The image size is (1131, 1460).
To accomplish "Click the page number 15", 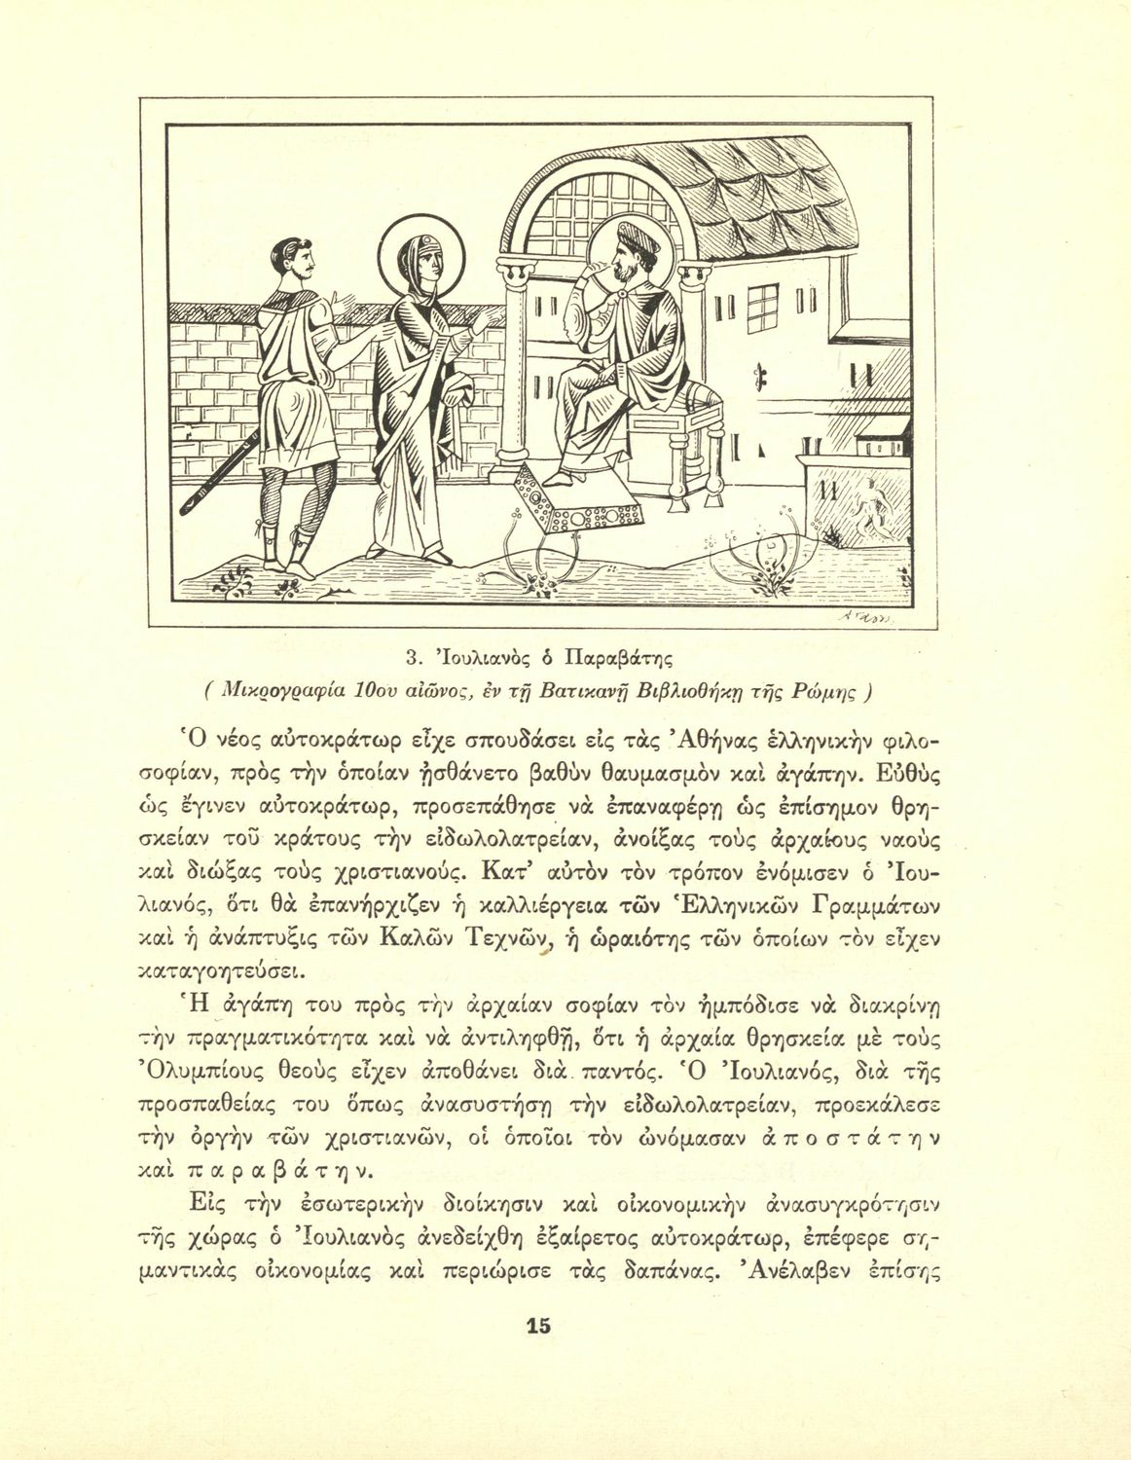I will pos(538,1326).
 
